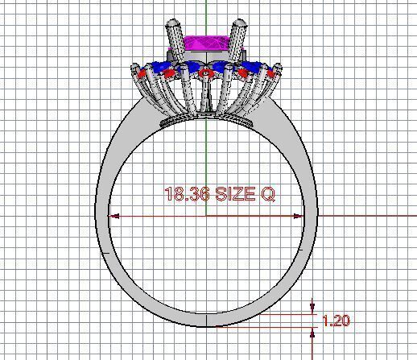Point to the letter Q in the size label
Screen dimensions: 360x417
[268, 194]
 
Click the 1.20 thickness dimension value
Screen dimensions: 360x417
[336, 321]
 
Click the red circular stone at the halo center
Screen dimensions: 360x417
[207, 73]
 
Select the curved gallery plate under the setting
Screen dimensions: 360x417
[206, 121]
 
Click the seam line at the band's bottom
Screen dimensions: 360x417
[207, 320]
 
